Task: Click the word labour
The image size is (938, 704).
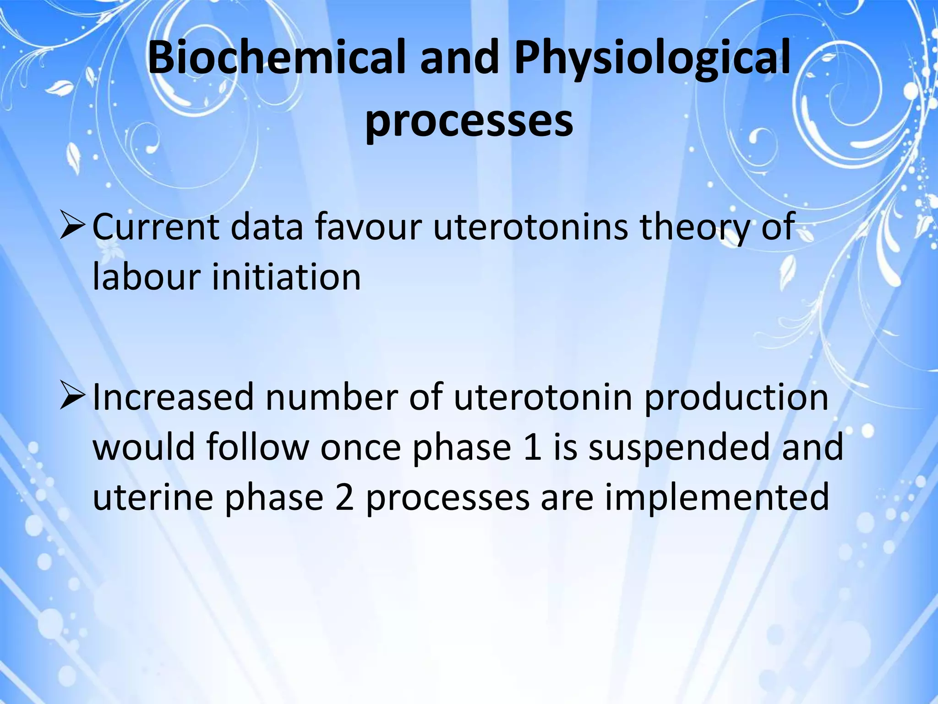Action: point(146,277)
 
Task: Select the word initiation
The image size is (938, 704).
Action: point(286,277)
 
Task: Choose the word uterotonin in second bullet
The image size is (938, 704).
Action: point(543,397)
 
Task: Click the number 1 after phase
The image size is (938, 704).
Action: point(532,447)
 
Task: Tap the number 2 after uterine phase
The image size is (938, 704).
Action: point(344,498)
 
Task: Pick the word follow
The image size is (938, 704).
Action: point(257,447)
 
